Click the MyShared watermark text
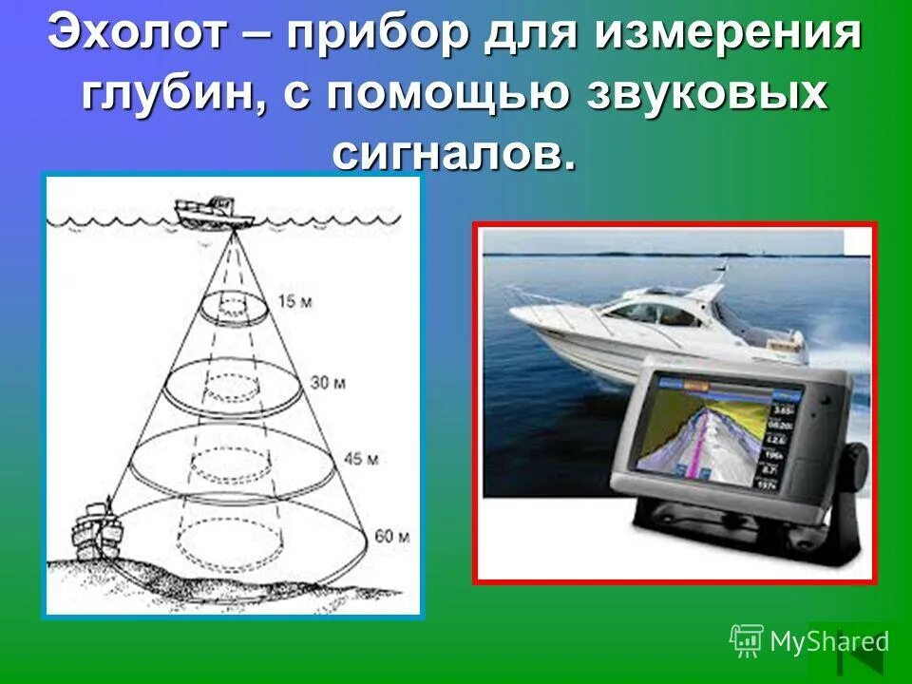coord(828,642)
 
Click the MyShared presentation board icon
coord(747,641)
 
